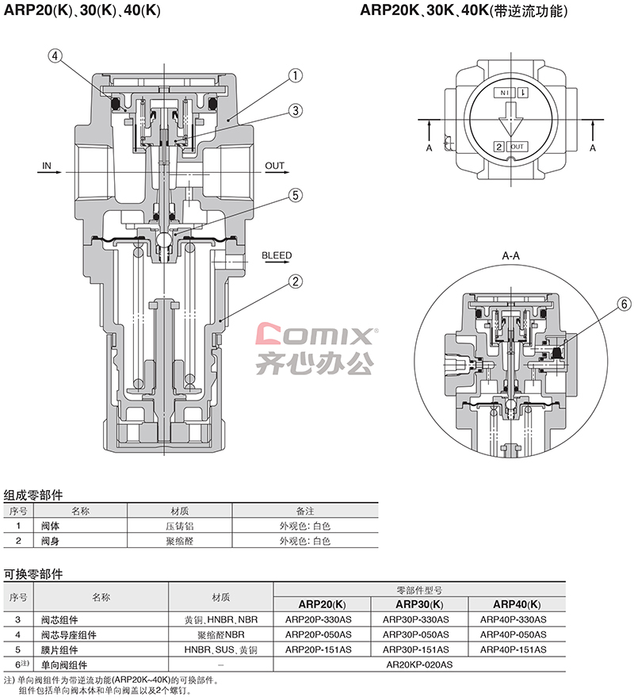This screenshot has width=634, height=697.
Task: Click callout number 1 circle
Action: click(x=296, y=75)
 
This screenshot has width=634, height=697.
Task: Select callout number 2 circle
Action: click(x=296, y=281)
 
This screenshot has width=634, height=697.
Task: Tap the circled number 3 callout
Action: click(x=296, y=111)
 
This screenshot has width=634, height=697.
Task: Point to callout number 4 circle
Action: click(x=55, y=56)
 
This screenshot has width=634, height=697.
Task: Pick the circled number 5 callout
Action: click(x=296, y=195)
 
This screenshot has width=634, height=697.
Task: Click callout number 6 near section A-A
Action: click(x=624, y=304)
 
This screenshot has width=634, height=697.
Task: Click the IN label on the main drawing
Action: click(x=47, y=166)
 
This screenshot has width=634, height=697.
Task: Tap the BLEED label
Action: click(x=277, y=255)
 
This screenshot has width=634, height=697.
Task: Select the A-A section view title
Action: click(x=510, y=256)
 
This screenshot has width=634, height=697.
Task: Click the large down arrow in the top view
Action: click(x=510, y=119)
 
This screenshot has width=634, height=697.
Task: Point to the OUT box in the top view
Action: click(x=517, y=147)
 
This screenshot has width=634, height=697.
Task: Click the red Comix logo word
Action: click(x=315, y=334)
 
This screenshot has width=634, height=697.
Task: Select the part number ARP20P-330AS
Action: click(x=318, y=619)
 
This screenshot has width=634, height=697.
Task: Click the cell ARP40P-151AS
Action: click(x=514, y=650)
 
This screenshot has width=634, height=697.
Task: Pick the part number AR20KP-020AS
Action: click(x=419, y=665)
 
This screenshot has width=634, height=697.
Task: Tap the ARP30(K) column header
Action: click(x=419, y=604)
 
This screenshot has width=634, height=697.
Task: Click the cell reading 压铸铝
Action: click(x=179, y=527)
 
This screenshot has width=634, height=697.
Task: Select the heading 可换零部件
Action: click(x=33, y=574)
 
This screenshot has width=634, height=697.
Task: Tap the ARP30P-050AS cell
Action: click(x=416, y=635)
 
